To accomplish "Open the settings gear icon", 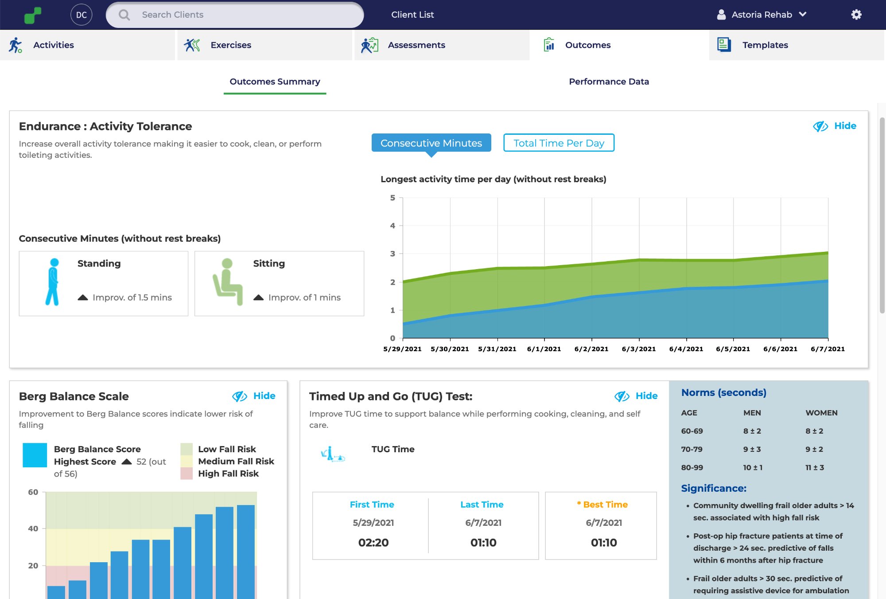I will [x=856, y=15].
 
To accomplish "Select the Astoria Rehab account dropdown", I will [x=762, y=15].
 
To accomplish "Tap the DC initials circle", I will [x=82, y=15].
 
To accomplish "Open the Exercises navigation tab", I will [x=230, y=45].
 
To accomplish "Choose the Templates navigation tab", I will [x=765, y=45].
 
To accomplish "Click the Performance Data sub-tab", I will [x=608, y=82].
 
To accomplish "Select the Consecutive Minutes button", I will [x=431, y=143].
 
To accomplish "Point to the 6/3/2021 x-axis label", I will [x=638, y=349].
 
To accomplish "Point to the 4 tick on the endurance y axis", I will [x=392, y=226].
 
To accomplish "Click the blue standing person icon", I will [x=53, y=282].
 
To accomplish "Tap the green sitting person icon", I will [x=228, y=282].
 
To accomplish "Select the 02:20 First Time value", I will [x=373, y=542].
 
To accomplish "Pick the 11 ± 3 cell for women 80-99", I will [x=814, y=467].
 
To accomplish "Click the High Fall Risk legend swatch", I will [x=187, y=474].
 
